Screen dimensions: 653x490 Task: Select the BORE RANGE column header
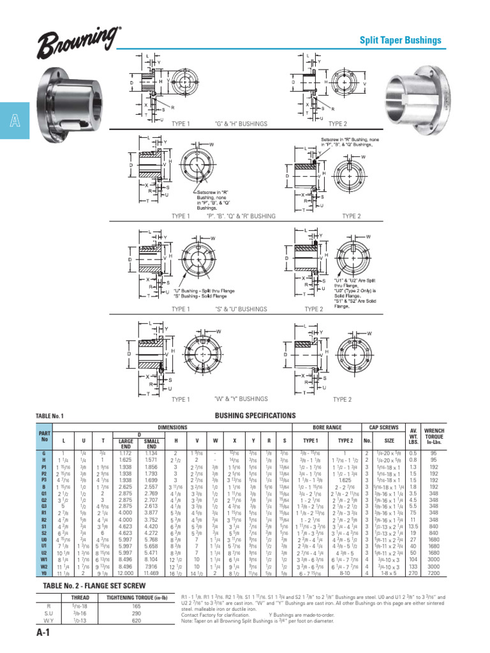click(x=329, y=427)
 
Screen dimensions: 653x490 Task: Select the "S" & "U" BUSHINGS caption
click(x=242, y=309)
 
